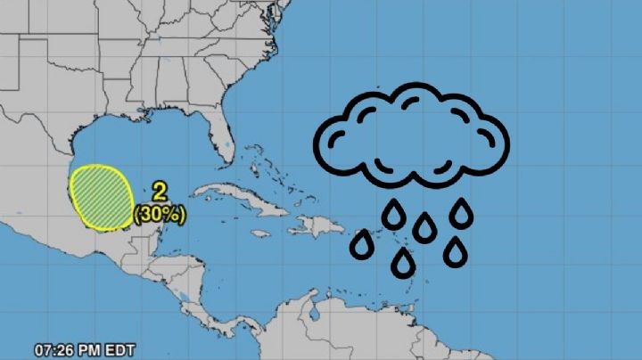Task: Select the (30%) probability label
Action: point(160,215)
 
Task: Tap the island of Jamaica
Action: point(260,233)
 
